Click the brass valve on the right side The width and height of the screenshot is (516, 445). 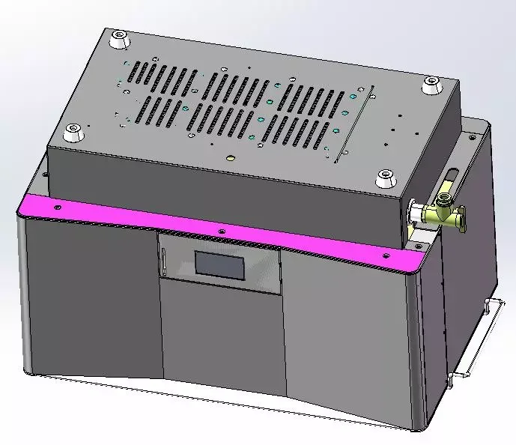point(440,213)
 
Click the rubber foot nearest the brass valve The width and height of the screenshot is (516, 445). point(384,178)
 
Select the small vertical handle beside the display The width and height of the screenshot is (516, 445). point(163,261)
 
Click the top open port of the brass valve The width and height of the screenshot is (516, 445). point(445,199)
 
